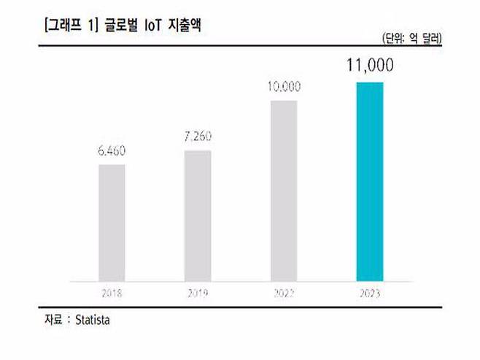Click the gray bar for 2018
click(x=112, y=222)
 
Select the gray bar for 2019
click(x=197, y=215)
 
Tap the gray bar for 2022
click(x=284, y=190)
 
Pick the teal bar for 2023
click(x=369, y=181)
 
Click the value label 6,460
click(x=112, y=152)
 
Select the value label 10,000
click(x=284, y=87)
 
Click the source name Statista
click(x=95, y=320)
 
